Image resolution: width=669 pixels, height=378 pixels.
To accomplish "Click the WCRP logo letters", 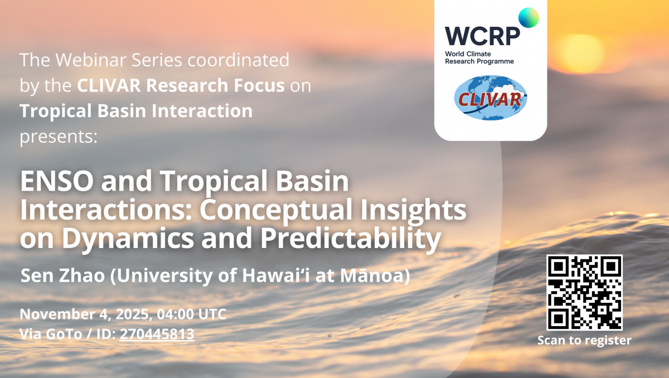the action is [482, 36].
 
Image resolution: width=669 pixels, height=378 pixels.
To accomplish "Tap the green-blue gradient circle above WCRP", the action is [529, 18].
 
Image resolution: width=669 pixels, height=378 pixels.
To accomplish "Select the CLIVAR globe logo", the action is [491, 98].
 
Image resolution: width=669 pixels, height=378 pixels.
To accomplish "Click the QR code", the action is [584, 292].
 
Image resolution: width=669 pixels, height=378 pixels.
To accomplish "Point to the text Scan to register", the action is [584, 340].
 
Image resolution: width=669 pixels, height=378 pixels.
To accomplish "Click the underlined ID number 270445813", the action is [157, 334].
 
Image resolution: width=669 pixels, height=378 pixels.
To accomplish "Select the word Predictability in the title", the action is [351, 238].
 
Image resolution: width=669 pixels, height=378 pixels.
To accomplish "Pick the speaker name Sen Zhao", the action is [62, 275].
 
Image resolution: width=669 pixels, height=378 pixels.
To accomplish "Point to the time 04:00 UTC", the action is [191, 314].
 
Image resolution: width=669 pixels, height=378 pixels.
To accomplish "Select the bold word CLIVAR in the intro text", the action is [109, 85].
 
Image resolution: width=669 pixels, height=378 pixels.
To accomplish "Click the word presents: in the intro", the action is [59, 137].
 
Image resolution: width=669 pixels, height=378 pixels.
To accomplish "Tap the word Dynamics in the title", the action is [128, 238].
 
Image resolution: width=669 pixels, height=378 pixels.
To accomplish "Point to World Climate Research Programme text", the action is [479, 57].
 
